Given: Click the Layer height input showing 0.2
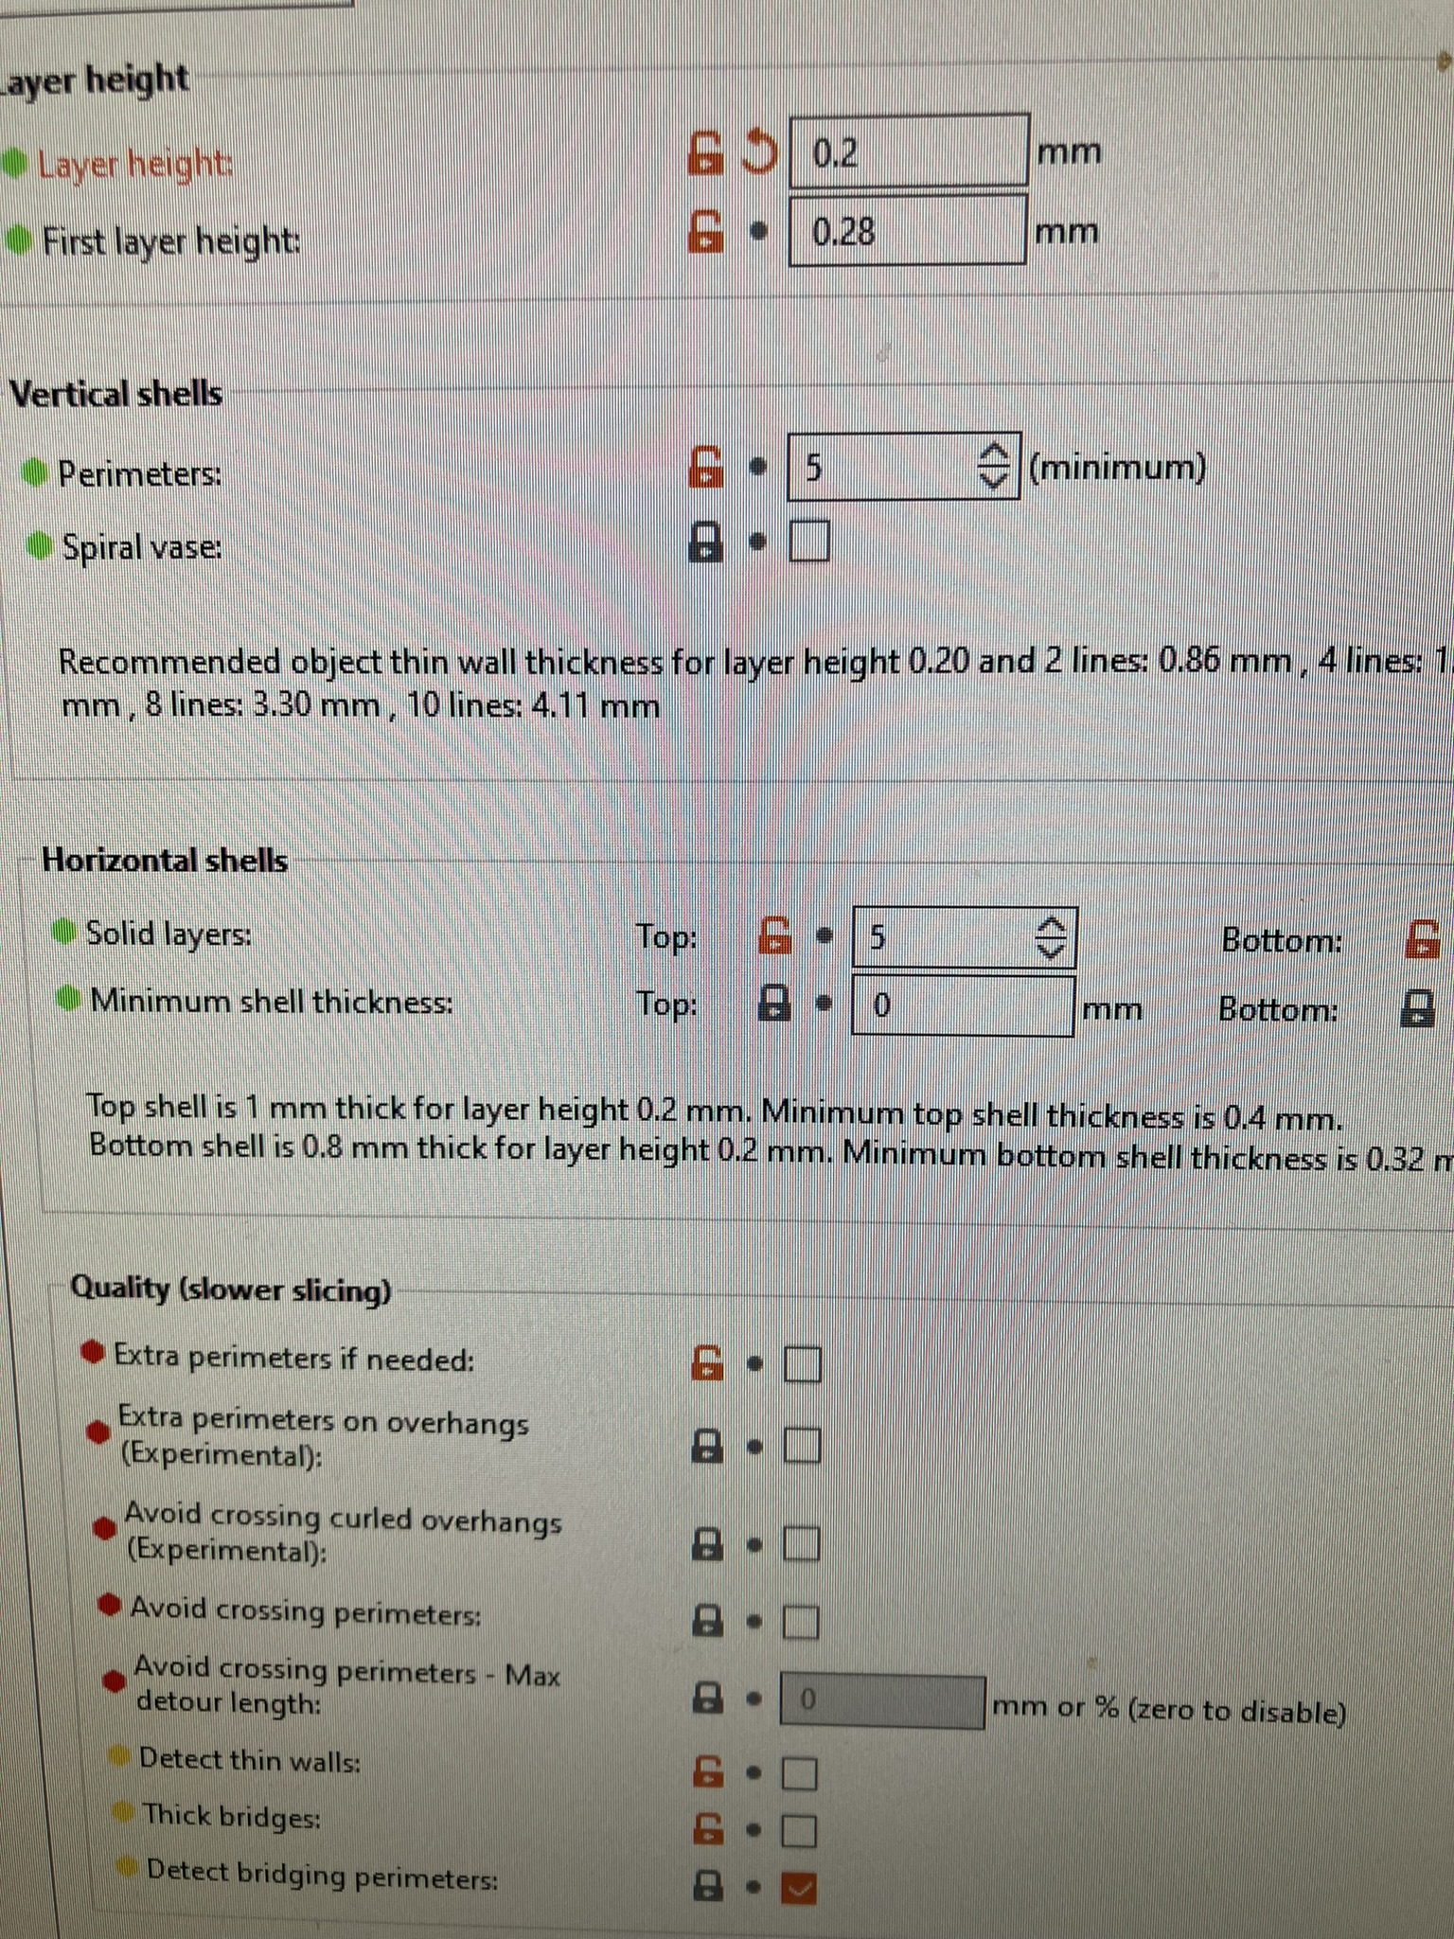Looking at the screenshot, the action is pyautogui.click(x=909, y=151).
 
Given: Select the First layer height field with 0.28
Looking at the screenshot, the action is pyautogui.click(x=907, y=230).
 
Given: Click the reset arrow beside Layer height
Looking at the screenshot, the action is pyautogui.click(x=759, y=151).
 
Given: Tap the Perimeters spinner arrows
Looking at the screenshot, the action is pyautogui.click(x=994, y=465).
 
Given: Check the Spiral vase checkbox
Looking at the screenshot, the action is pyautogui.click(x=808, y=542).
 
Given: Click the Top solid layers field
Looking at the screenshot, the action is pyautogui.click(x=964, y=937).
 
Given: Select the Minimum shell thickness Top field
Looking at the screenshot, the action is pyautogui.click(x=963, y=1005).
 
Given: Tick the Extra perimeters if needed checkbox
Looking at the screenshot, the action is pyautogui.click(x=802, y=1364).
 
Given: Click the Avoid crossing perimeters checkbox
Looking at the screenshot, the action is pyautogui.click(x=800, y=1622).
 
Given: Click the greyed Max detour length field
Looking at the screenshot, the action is pyautogui.click(x=882, y=1700).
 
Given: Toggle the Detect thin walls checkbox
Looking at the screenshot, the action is pyautogui.click(x=799, y=1772).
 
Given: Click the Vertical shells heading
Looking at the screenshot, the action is pyautogui.click(x=116, y=393).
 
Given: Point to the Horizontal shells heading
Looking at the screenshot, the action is pyautogui.click(x=165, y=860).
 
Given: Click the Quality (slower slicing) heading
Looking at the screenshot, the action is pyautogui.click(x=231, y=1289).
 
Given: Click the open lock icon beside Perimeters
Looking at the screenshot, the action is pyautogui.click(x=705, y=466).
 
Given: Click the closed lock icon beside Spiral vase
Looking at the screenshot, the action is pyautogui.click(x=705, y=543).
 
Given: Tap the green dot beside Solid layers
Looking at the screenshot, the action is pyautogui.click(x=63, y=932).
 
